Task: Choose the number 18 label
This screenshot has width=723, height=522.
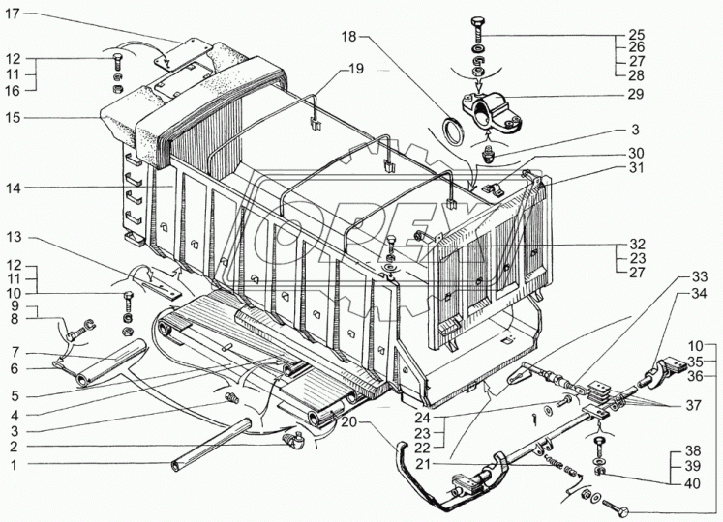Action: [349, 36]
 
